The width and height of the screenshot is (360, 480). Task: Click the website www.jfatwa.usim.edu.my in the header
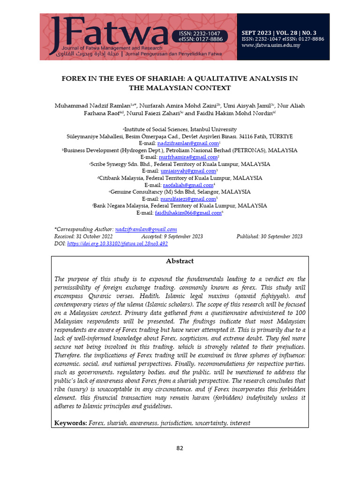pos(271,45)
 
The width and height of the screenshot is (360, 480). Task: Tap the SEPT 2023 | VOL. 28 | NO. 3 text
pos(282,32)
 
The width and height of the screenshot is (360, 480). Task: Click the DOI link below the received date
pos(117,244)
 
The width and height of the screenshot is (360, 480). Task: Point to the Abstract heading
pos(180,261)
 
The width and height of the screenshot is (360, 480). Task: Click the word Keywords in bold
pos(70,423)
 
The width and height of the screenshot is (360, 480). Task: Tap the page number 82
pos(180,448)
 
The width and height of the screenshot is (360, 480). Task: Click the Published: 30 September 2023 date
pos(270,237)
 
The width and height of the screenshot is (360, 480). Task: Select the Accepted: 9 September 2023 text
pos(172,237)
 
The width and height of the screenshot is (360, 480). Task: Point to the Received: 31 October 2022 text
pos(83,237)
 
